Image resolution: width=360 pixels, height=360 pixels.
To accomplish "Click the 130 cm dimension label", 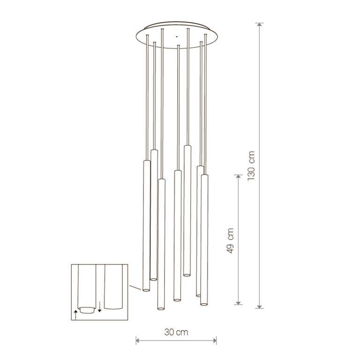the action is pyautogui.click(x=251, y=165).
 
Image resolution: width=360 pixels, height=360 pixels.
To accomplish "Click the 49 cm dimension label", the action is pyautogui.click(x=230, y=241).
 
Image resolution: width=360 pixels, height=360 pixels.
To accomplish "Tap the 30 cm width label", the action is pyautogui.click(x=176, y=332).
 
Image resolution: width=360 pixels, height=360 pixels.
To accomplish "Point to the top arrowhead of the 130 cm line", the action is pyautogui.click(x=259, y=25).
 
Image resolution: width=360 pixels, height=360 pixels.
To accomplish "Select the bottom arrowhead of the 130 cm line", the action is pyautogui.click(x=259, y=306).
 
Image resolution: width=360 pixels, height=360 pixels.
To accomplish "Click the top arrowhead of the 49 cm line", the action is pyautogui.click(x=238, y=177).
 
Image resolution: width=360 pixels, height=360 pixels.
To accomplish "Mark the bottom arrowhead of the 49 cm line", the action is pyautogui.click(x=238, y=302).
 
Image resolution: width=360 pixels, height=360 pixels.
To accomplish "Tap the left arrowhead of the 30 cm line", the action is pyautogui.click(x=138, y=340).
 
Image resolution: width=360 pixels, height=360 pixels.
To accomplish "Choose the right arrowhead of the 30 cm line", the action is pyautogui.click(x=214, y=340).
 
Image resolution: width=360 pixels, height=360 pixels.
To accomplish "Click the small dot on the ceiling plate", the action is pyautogui.click(x=177, y=37).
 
